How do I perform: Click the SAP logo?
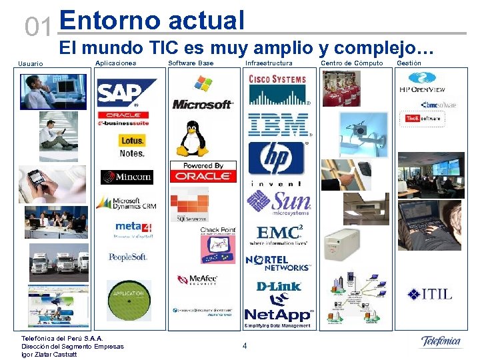(127, 93)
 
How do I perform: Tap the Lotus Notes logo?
(132, 146)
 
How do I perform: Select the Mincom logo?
(127, 177)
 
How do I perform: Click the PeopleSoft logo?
(127, 257)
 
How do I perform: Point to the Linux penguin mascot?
(192, 139)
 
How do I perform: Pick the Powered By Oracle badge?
(203, 172)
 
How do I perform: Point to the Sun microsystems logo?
(279, 204)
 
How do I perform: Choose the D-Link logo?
(278, 287)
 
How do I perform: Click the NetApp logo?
(278, 314)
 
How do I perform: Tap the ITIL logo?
(430, 293)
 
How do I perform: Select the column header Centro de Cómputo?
(352, 63)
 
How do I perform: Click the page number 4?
(245, 345)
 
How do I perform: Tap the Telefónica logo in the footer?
(441, 342)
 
